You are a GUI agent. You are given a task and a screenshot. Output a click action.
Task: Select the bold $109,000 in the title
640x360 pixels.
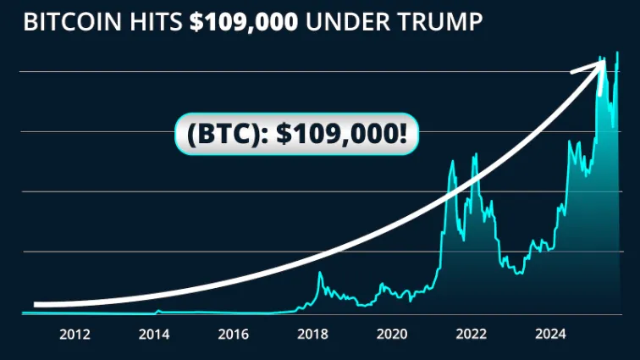244,23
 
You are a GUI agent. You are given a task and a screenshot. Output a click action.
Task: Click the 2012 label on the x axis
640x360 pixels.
74,335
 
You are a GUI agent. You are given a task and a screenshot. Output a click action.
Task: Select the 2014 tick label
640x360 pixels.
154,335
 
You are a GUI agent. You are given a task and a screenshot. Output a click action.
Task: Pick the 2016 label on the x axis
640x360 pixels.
234,335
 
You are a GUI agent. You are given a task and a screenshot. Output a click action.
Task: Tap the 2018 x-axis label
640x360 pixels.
313,335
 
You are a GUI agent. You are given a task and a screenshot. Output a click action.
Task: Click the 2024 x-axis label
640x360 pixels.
551,335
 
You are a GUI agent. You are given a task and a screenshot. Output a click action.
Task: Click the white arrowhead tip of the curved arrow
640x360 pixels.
603,62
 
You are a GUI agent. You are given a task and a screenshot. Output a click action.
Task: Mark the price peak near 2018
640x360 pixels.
320,273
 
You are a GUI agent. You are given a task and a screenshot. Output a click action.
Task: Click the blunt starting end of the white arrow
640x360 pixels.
36,303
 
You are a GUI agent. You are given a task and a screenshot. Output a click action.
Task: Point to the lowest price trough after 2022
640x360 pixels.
518,273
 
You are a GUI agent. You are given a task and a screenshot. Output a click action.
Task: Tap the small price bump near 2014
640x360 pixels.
158,311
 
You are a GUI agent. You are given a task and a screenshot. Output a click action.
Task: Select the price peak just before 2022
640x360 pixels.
453,161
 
